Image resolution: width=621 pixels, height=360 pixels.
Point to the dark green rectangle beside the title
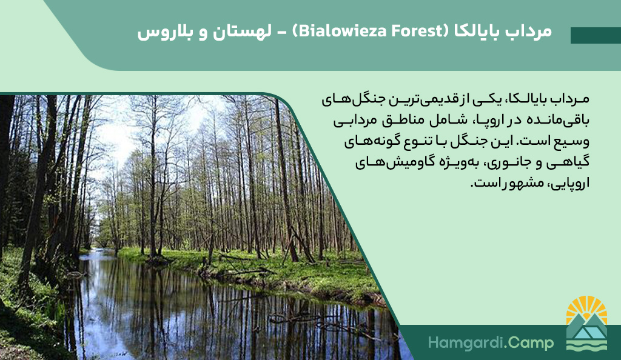coord(596,35)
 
